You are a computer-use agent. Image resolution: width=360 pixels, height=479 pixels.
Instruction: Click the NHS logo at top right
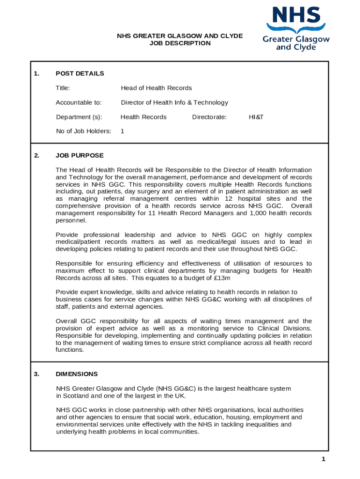296,28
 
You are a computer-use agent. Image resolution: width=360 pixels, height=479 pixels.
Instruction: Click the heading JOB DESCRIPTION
180,43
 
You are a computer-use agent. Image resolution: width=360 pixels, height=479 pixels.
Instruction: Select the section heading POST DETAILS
79,73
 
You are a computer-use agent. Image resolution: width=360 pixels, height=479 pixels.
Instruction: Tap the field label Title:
63,88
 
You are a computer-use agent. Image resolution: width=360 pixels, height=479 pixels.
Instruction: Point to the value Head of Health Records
156,88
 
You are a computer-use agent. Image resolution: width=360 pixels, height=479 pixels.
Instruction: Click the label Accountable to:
79,102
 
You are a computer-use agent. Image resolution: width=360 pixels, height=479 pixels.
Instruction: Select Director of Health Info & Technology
174,102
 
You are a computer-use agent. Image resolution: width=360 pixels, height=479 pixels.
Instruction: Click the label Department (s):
79,117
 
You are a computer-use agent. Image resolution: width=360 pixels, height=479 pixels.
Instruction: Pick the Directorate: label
209,117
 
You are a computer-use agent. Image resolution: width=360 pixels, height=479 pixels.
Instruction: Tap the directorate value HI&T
256,117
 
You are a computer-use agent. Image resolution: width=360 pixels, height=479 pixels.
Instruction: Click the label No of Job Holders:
83,131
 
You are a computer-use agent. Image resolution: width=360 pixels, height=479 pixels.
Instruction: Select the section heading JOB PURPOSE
79,155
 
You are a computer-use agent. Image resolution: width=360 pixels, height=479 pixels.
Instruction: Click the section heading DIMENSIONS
77,374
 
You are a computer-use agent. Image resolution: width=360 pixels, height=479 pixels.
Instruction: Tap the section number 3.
36,374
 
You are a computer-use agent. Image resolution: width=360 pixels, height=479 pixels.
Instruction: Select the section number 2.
36,155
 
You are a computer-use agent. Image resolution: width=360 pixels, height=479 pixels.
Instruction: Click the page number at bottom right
323,459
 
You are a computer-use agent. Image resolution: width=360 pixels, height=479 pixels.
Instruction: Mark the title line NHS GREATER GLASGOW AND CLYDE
180,36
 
